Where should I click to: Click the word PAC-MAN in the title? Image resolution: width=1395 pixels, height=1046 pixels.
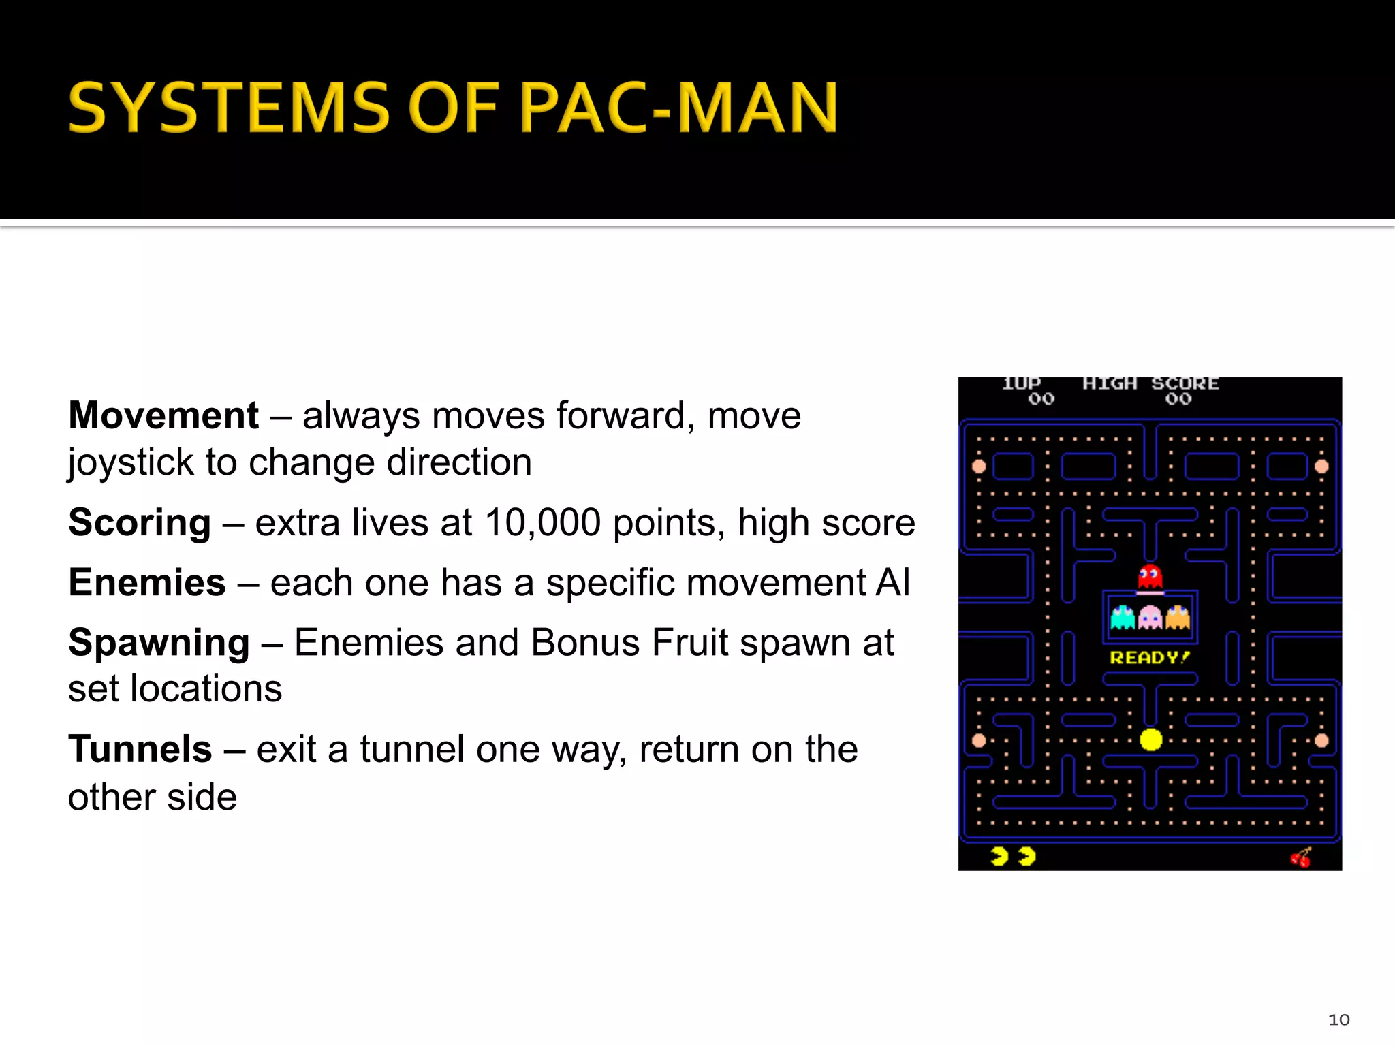[x=678, y=108]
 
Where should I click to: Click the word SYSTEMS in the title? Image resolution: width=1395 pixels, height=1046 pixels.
[x=229, y=108]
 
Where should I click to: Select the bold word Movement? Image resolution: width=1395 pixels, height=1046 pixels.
[x=163, y=415]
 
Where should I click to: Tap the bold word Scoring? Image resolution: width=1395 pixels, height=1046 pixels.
[x=140, y=523]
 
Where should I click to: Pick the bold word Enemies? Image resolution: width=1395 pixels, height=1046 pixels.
[x=147, y=583]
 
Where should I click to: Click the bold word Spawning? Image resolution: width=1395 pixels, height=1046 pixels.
[x=159, y=643]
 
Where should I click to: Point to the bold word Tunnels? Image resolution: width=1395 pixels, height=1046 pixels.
[x=140, y=750]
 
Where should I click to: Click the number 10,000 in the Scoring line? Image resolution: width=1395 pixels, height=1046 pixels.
[x=542, y=523]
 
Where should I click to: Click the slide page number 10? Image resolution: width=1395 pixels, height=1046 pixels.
[x=1338, y=1019]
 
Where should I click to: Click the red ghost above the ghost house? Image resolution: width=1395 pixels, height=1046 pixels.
[x=1150, y=577]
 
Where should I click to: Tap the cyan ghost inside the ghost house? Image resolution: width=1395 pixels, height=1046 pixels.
[x=1123, y=618]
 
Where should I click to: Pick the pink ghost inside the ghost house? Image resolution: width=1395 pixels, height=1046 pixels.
[x=1150, y=618]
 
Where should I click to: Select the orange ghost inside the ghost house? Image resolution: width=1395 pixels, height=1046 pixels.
[x=1177, y=618]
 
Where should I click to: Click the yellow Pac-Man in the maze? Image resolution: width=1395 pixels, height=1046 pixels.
[x=1150, y=739]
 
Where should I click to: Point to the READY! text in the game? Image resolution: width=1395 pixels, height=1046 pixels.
[x=1149, y=658]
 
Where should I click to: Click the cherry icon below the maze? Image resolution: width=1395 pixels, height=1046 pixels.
[x=1301, y=857]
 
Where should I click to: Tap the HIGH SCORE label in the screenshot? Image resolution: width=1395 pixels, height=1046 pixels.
[x=1150, y=384]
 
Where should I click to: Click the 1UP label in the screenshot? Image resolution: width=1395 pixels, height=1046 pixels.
[x=1021, y=384]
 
